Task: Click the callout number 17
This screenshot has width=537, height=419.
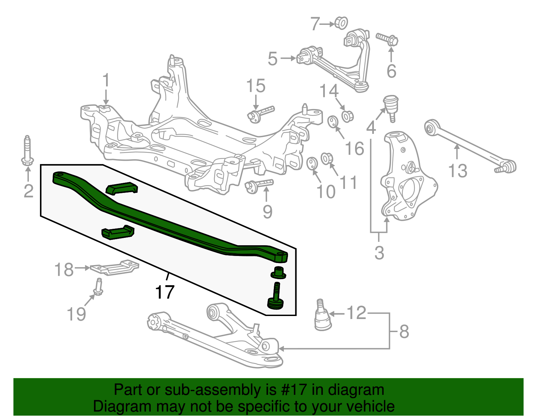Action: pyautogui.click(x=165, y=292)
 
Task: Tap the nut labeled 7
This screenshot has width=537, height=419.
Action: pyautogui.click(x=341, y=23)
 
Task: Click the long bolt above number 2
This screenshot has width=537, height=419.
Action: pyautogui.click(x=27, y=151)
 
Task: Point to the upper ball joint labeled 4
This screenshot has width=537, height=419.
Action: pyautogui.click(x=391, y=105)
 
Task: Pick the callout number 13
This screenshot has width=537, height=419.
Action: pyautogui.click(x=458, y=171)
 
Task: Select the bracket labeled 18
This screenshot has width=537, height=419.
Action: pyautogui.click(x=114, y=267)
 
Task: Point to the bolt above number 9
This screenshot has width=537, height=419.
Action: pyautogui.click(x=259, y=185)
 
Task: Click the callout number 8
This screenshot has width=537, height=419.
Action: pyautogui.click(x=404, y=331)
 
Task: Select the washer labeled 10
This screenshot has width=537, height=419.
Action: pyautogui.click(x=312, y=163)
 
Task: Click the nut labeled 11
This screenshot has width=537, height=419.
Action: pyautogui.click(x=327, y=158)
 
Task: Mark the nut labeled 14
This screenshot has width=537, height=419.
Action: pyautogui.click(x=347, y=116)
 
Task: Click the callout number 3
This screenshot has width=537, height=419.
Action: pyautogui.click(x=379, y=253)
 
